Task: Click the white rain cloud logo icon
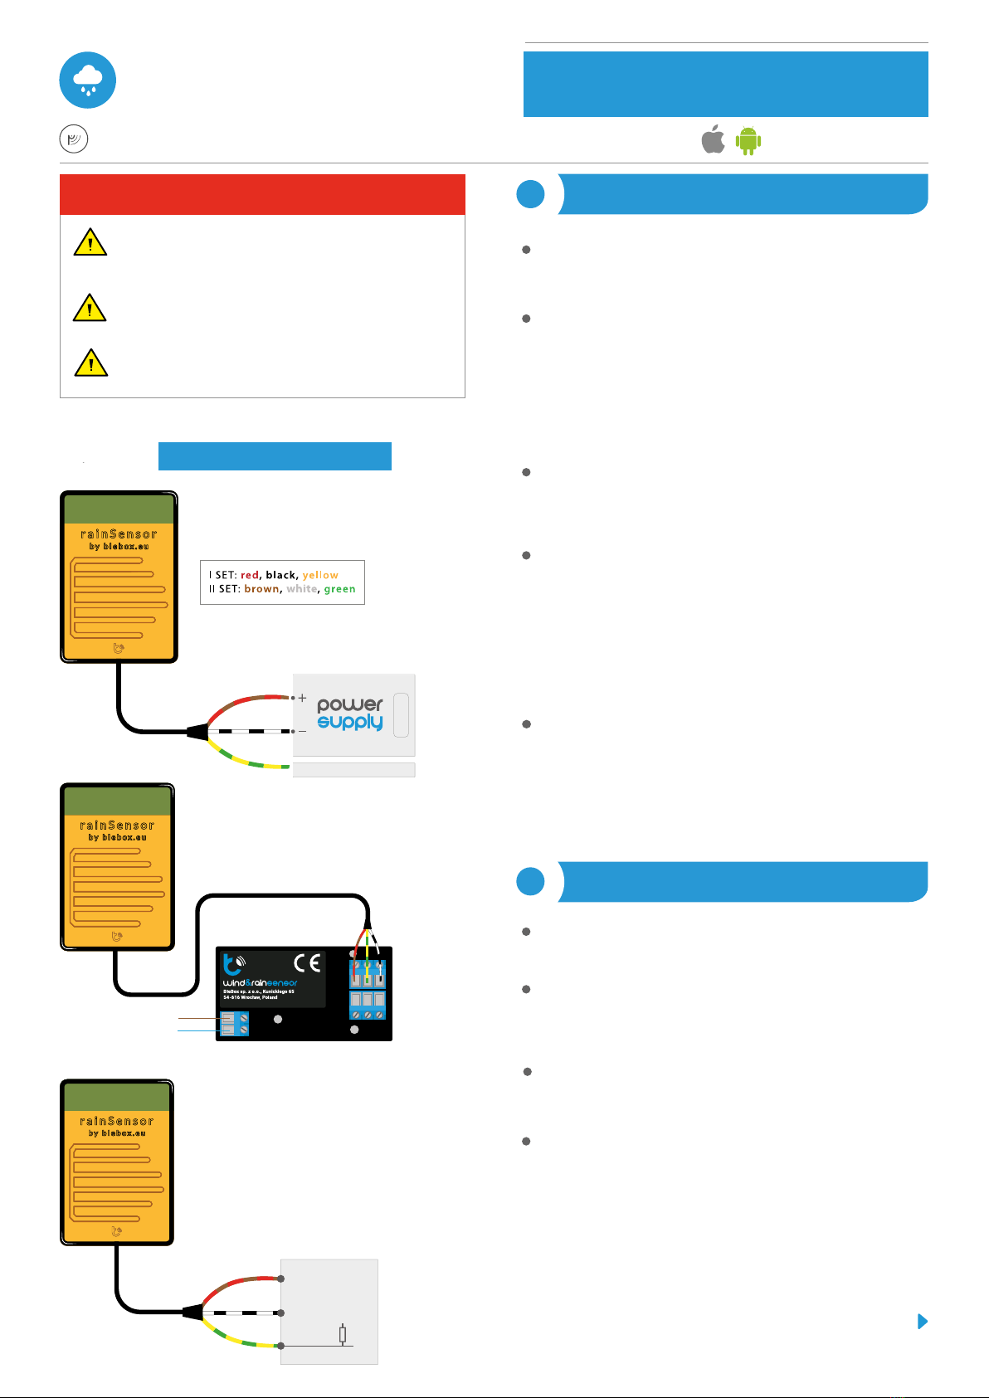88,80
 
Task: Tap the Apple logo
713,140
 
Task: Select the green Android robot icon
748,141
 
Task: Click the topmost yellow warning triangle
90,242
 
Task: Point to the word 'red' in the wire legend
250,575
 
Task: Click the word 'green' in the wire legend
339,589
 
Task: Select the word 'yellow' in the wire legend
320,575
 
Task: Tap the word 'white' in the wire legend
301,589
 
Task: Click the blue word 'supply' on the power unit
350,723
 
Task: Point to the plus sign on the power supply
303,698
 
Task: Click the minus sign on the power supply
303,731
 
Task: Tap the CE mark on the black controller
307,963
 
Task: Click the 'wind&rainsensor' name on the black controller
260,983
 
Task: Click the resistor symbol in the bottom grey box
342,1335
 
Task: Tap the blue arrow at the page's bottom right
922,1322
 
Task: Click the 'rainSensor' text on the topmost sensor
119,534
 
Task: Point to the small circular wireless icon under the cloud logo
74,139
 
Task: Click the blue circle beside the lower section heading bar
530,882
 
